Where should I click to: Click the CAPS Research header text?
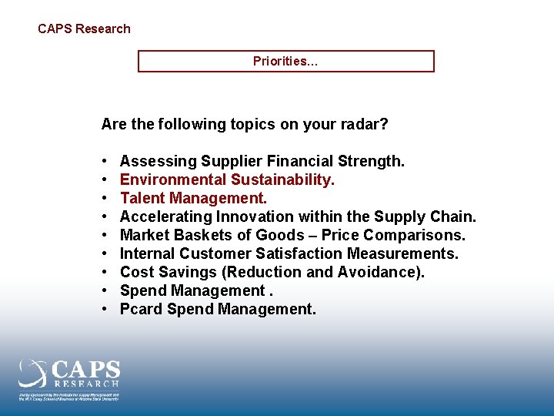[x=84, y=29]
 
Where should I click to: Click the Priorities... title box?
[x=285, y=62]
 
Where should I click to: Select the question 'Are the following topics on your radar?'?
[x=245, y=124]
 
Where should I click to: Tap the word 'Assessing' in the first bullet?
[x=158, y=161]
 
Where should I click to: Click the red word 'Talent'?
[x=142, y=198]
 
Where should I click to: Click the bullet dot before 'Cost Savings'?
[x=103, y=272]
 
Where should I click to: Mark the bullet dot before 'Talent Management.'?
[x=103, y=198]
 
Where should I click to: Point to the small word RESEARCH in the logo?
[x=86, y=383]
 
